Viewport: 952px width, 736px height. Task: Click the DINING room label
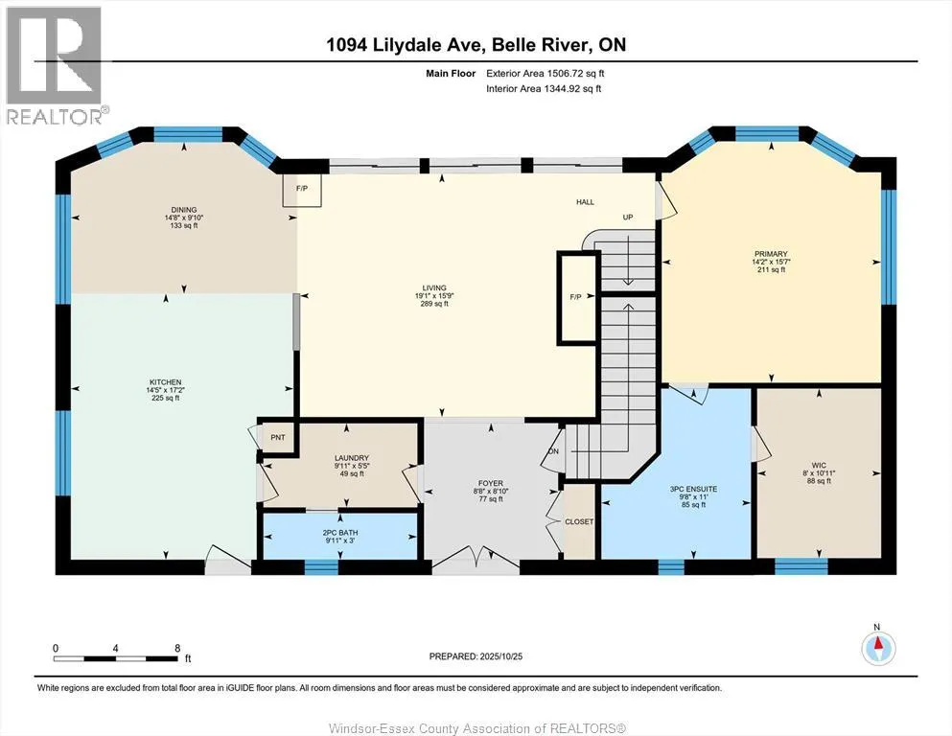pos(183,210)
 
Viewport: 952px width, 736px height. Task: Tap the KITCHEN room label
pos(165,382)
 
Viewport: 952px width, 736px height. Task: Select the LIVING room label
pos(434,288)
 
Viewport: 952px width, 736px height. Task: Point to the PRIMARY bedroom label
pos(771,254)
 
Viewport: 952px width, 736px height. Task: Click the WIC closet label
pos(819,466)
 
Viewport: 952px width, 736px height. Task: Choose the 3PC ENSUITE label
pos(693,489)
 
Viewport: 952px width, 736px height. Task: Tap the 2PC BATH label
pos(340,533)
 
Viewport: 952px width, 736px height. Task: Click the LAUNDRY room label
pos(352,458)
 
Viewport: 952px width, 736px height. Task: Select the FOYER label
pos(490,484)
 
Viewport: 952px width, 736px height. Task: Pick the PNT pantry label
pos(277,437)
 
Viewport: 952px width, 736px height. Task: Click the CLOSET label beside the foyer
pos(579,522)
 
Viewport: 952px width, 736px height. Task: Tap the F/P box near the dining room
pos(302,190)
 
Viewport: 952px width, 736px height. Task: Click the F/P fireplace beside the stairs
pos(576,297)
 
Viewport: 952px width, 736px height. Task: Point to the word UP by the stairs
pos(628,217)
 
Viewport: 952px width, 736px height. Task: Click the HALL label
pos(585,202)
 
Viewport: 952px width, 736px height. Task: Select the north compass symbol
pos(878,649)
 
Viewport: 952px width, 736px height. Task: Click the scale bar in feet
pos(116,658)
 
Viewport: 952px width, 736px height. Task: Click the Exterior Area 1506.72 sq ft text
pos(546,74)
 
